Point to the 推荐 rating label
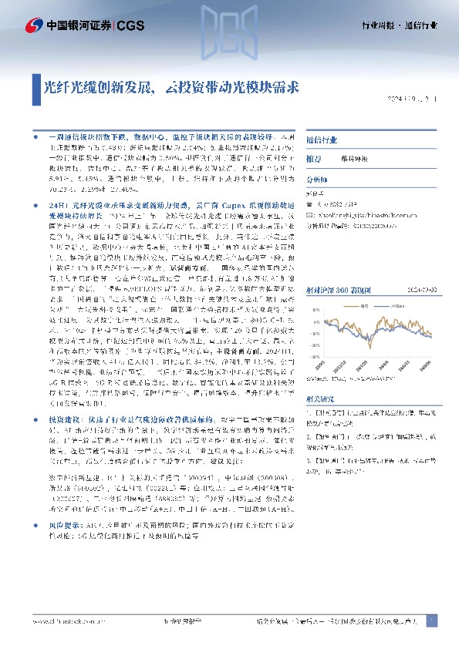point(314,158)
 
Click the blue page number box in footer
point(431,620)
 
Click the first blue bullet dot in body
point(37,135)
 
